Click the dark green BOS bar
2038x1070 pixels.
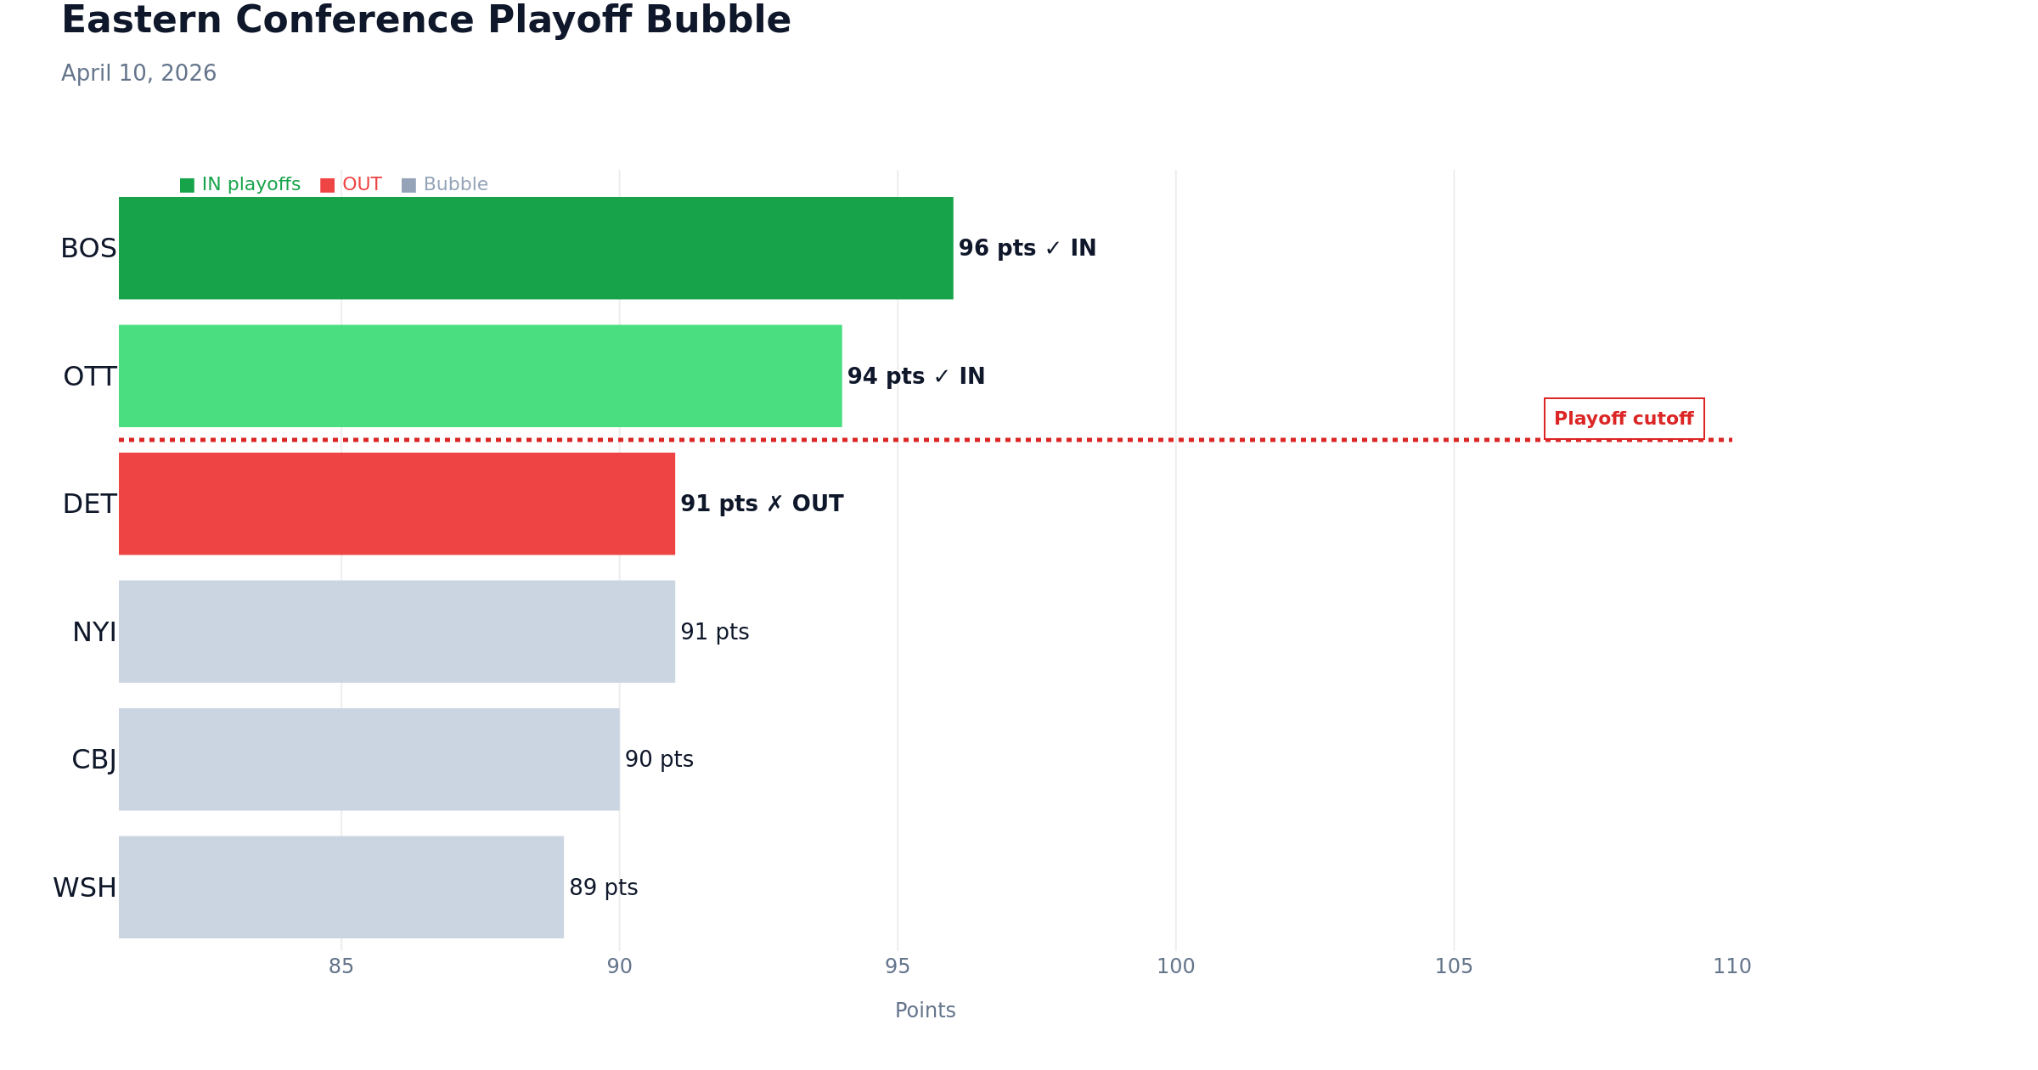click(535, 248)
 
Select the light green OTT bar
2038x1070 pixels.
click(480, 376)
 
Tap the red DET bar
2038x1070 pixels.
click(397, 504)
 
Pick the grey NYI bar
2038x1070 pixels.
click(397, 632)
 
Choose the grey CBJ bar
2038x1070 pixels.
click(369, 759)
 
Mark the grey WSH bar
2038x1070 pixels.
click(341, 887)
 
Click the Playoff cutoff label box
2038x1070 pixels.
click(1624, 419)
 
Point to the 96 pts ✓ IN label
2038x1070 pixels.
click(1027, 248)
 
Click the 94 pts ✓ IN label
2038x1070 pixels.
click(915, 376)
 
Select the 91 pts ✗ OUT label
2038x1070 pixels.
click(762, 504)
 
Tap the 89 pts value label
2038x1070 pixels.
click(603, 887)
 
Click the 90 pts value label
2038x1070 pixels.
click(659, 759)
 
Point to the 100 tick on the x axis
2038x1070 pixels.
click(1175, 966)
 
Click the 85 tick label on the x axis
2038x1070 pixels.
click(341, 966)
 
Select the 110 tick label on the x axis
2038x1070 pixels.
click(1731, 966)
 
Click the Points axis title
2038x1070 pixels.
click(925, 1011)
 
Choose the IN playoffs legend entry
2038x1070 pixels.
click(240, 184)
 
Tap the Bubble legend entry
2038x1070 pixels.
click(445, 184)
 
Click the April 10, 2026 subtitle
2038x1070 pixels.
click(138, 73)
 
